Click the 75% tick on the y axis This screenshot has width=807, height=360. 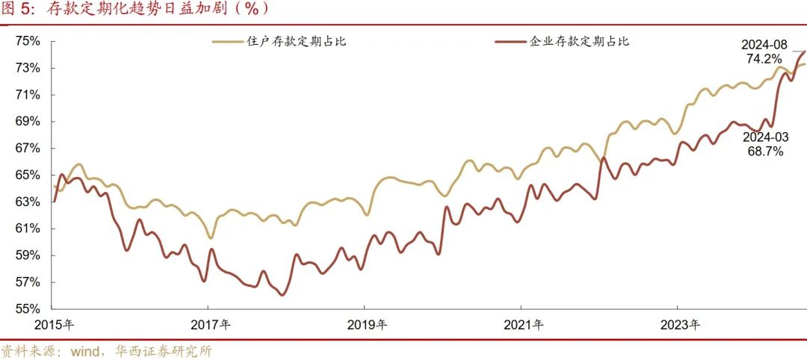(x=27, y=41)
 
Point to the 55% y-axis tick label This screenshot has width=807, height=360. (x=27, y=308)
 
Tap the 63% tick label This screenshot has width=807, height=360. (x=27, y=202)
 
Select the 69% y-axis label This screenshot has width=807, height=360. (x=27, y=121)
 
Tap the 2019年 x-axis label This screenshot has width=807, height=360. (x=368, y=325)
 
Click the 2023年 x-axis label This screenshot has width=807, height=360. (x=681, y=325)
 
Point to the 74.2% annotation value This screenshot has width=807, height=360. (x=764, y=58)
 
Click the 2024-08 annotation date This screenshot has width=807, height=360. (x=764, y=44)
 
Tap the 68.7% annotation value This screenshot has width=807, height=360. (x=764, y=152)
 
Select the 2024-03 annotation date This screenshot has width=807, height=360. (x=764, y=138)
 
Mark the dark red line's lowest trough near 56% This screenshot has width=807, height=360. (x=282, y=295)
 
